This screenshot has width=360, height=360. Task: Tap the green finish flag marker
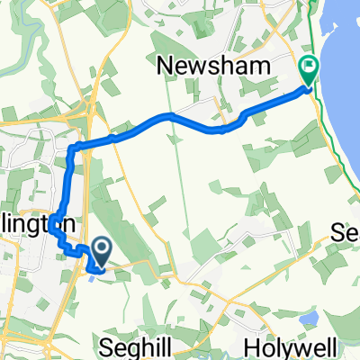(308, 67)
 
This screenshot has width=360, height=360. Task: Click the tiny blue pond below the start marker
(93, 277)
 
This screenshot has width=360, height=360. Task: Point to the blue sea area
(346, 54)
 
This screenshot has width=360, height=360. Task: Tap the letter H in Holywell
(254, 346)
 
